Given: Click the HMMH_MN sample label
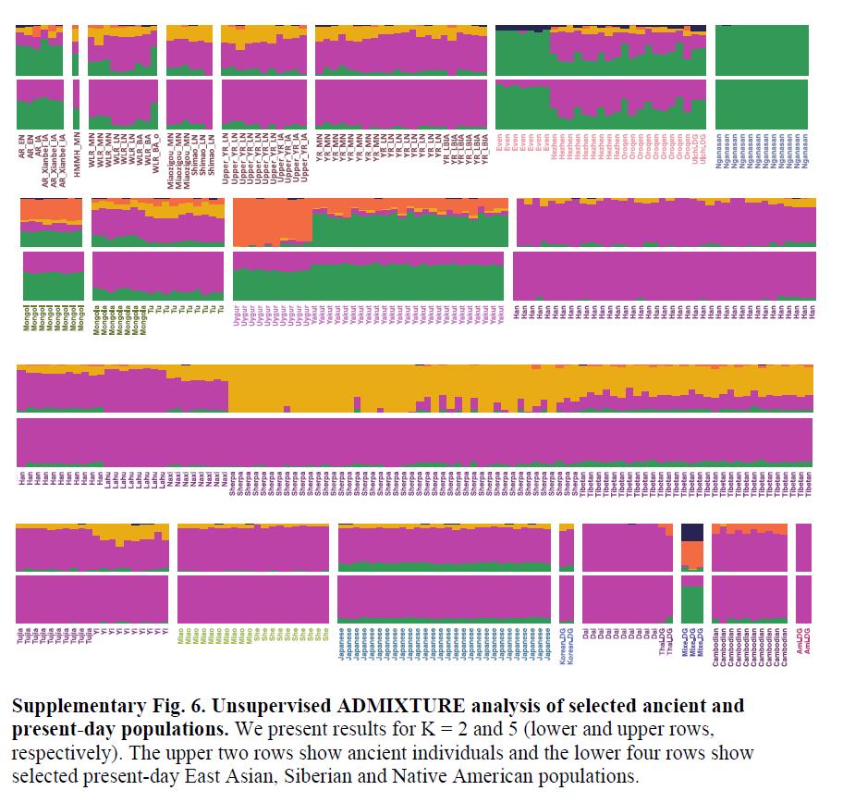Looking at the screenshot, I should click(x=77, y=151).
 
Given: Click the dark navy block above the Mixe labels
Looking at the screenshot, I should click(x=692, y=532).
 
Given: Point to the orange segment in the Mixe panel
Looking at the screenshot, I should click(x=692, y=554).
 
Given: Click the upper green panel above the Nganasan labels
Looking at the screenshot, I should click(x=762, y=50).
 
